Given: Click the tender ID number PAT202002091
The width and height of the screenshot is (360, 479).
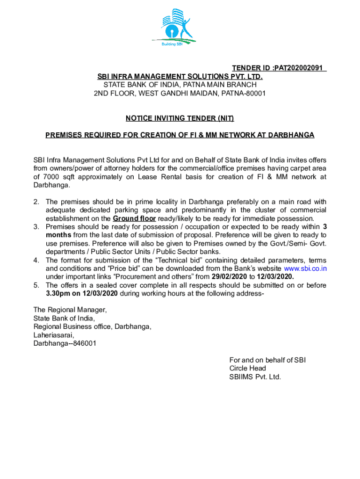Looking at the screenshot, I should click(299, 68).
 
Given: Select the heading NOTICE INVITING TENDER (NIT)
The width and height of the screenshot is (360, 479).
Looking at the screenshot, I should click(180, 118).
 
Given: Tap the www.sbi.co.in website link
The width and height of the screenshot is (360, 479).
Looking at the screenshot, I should click(305, 269).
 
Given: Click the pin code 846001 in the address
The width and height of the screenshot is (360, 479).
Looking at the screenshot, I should click(85, 343).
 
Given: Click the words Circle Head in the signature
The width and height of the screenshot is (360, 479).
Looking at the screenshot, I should click(247, 368).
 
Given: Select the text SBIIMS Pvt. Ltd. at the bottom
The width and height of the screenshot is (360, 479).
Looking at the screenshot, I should click(255, 377).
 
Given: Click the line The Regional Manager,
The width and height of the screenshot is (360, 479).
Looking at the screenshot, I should click(70, 310).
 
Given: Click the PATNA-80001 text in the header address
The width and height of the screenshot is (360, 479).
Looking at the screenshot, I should click(246, 93).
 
